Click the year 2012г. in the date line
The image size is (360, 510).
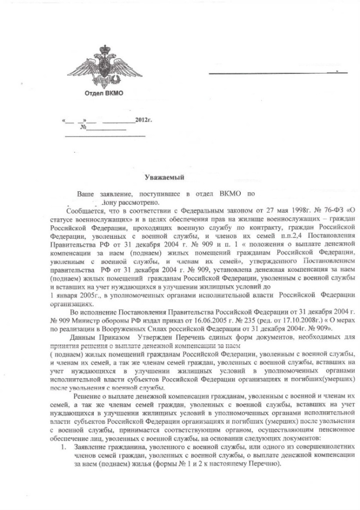(x=143, y=121)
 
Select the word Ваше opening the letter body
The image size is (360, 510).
(x=86, y=193)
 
